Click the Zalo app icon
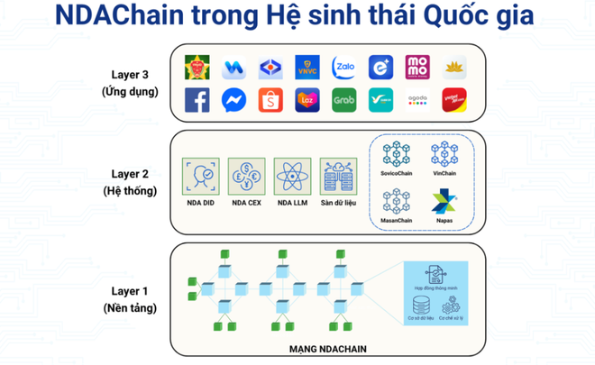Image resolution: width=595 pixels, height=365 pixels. (x=343, y=67)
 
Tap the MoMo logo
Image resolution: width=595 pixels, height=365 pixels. (x=417, y=67)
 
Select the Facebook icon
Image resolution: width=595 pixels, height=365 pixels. (x=197, y=100)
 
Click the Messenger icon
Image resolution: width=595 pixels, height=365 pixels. (x=233, y=100)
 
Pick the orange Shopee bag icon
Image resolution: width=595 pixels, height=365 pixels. (x=270, y=100)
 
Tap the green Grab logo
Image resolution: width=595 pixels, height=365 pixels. (x=343, y=100)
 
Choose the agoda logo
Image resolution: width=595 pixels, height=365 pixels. (x=417, y=100)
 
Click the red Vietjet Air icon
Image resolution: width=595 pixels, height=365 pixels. (x=454, y=100)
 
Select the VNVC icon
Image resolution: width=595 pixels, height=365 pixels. (x=307, y=67)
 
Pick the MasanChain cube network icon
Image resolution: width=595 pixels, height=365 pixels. (x=397, y=201)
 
